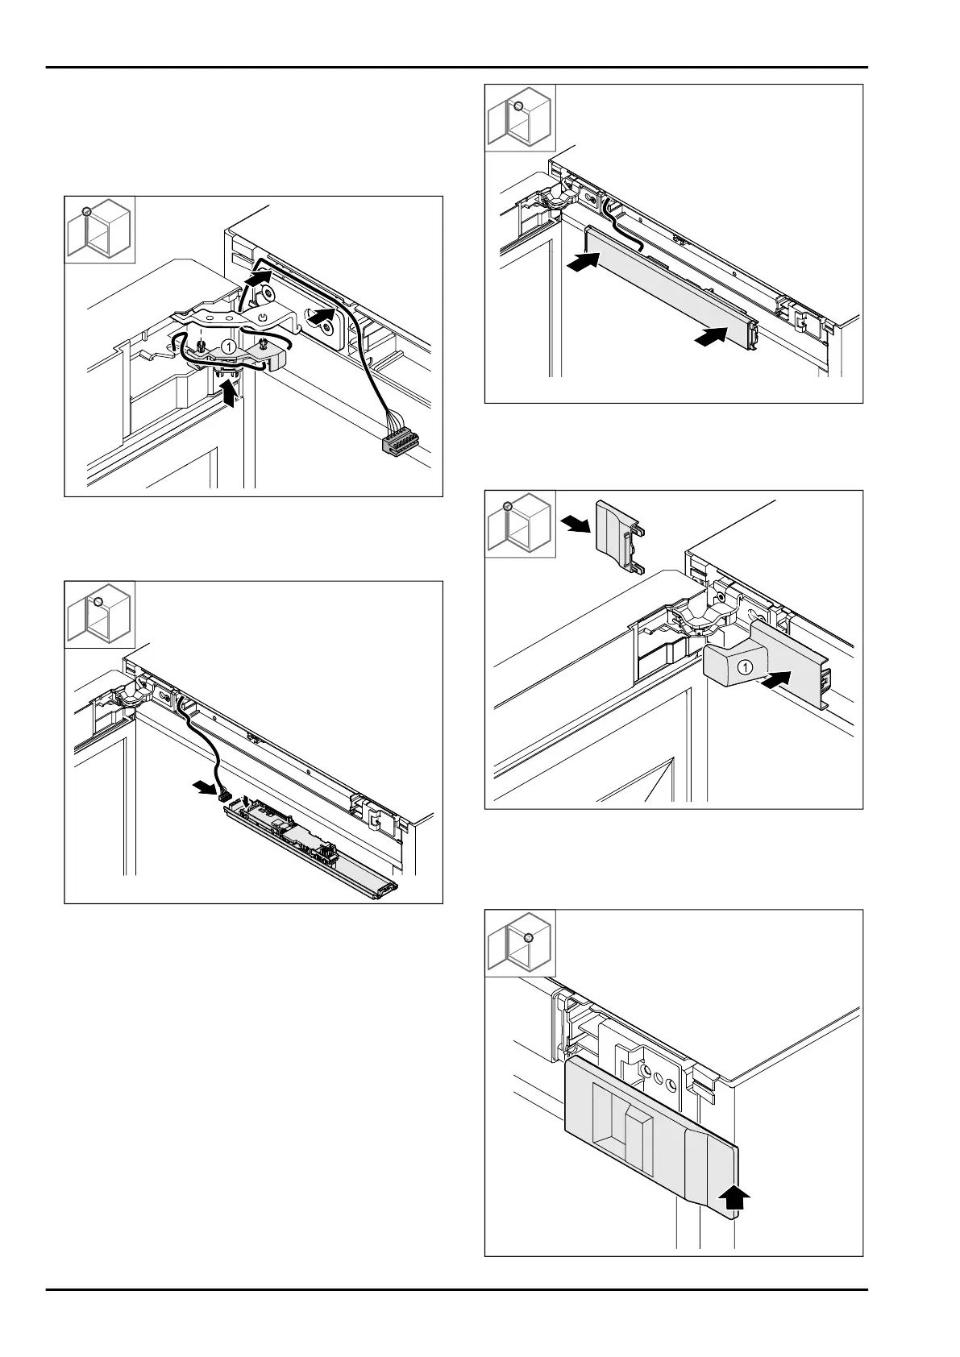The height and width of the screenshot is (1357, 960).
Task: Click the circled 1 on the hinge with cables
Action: click(228, 346)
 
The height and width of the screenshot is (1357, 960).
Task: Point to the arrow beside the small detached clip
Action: click(576, 525)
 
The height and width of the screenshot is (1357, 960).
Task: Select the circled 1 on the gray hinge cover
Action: click(746, 667)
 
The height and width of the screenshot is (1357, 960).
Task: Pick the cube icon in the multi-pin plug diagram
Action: click(99, 229)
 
